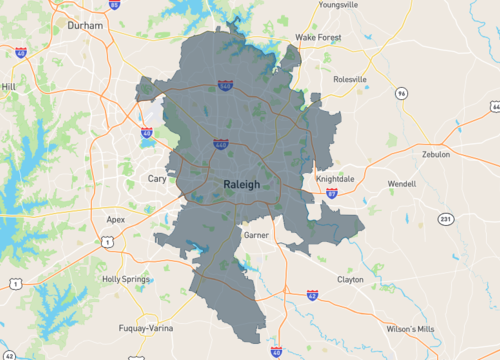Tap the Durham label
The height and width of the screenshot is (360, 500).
click(86, 29)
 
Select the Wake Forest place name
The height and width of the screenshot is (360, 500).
click(318, 38)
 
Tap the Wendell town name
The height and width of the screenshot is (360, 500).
click(401, 184)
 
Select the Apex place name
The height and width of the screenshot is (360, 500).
click(116, 219)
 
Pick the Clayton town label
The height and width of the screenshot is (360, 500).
click(350, 280)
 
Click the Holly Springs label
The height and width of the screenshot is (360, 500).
click(125, 279)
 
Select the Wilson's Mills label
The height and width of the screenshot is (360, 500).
click(410, 328)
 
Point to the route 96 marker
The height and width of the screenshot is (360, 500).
click(400, 93)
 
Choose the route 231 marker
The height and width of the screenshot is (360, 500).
click(446, 218)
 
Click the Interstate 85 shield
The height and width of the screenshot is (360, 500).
click(114, 4)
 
